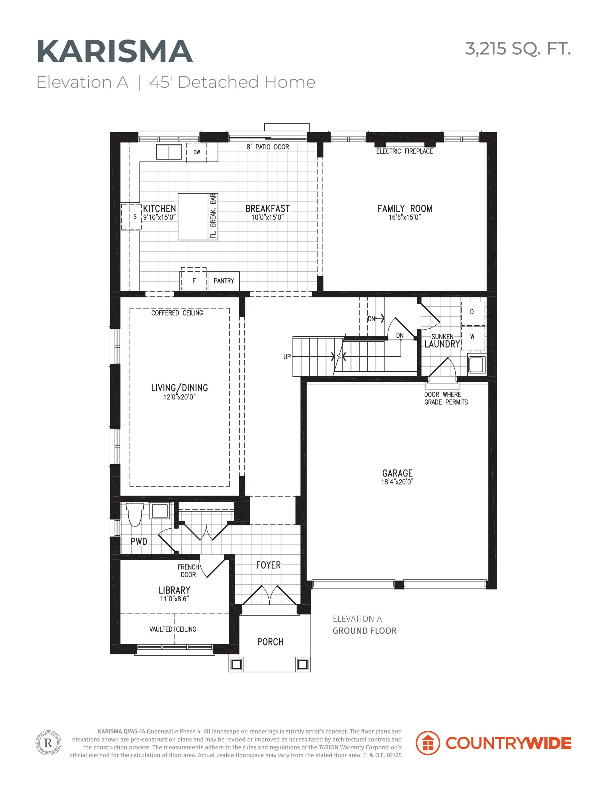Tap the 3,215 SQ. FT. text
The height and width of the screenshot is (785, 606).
[x=518, y=48]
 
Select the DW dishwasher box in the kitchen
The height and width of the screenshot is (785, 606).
[x=196, y=152]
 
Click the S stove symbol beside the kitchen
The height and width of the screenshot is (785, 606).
[x=131, y=216]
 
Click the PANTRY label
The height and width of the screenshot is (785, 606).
[x=224, y=281]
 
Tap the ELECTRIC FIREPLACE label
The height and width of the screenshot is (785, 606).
[x=404, y=151]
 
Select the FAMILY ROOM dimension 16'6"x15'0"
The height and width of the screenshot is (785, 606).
[x=404, y=217]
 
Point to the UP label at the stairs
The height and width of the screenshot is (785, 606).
[x=287, y=357]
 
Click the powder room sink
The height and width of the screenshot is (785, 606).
[x=159, y=511]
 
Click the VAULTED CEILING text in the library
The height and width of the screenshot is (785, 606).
[x=173, y=629]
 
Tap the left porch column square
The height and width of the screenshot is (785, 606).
[x=236, y=664]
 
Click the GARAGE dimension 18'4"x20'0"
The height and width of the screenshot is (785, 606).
[x=397, y=482]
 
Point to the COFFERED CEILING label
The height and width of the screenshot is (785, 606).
[x=177, y=313]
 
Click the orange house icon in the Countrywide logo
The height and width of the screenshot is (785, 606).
[x=427, y=743]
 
